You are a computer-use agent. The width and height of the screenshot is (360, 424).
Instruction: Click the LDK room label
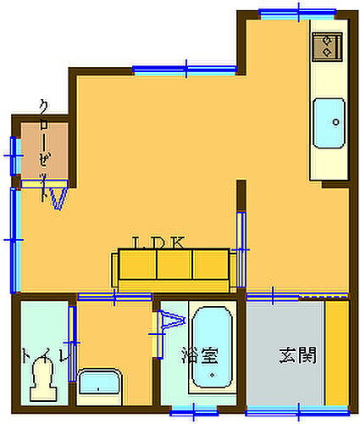click(158, 243)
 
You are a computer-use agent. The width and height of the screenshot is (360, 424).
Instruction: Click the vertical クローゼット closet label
click(45, 148)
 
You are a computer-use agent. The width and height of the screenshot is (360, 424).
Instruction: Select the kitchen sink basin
click(330, 122)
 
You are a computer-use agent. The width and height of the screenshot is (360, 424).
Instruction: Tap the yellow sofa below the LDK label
click(172, 269)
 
